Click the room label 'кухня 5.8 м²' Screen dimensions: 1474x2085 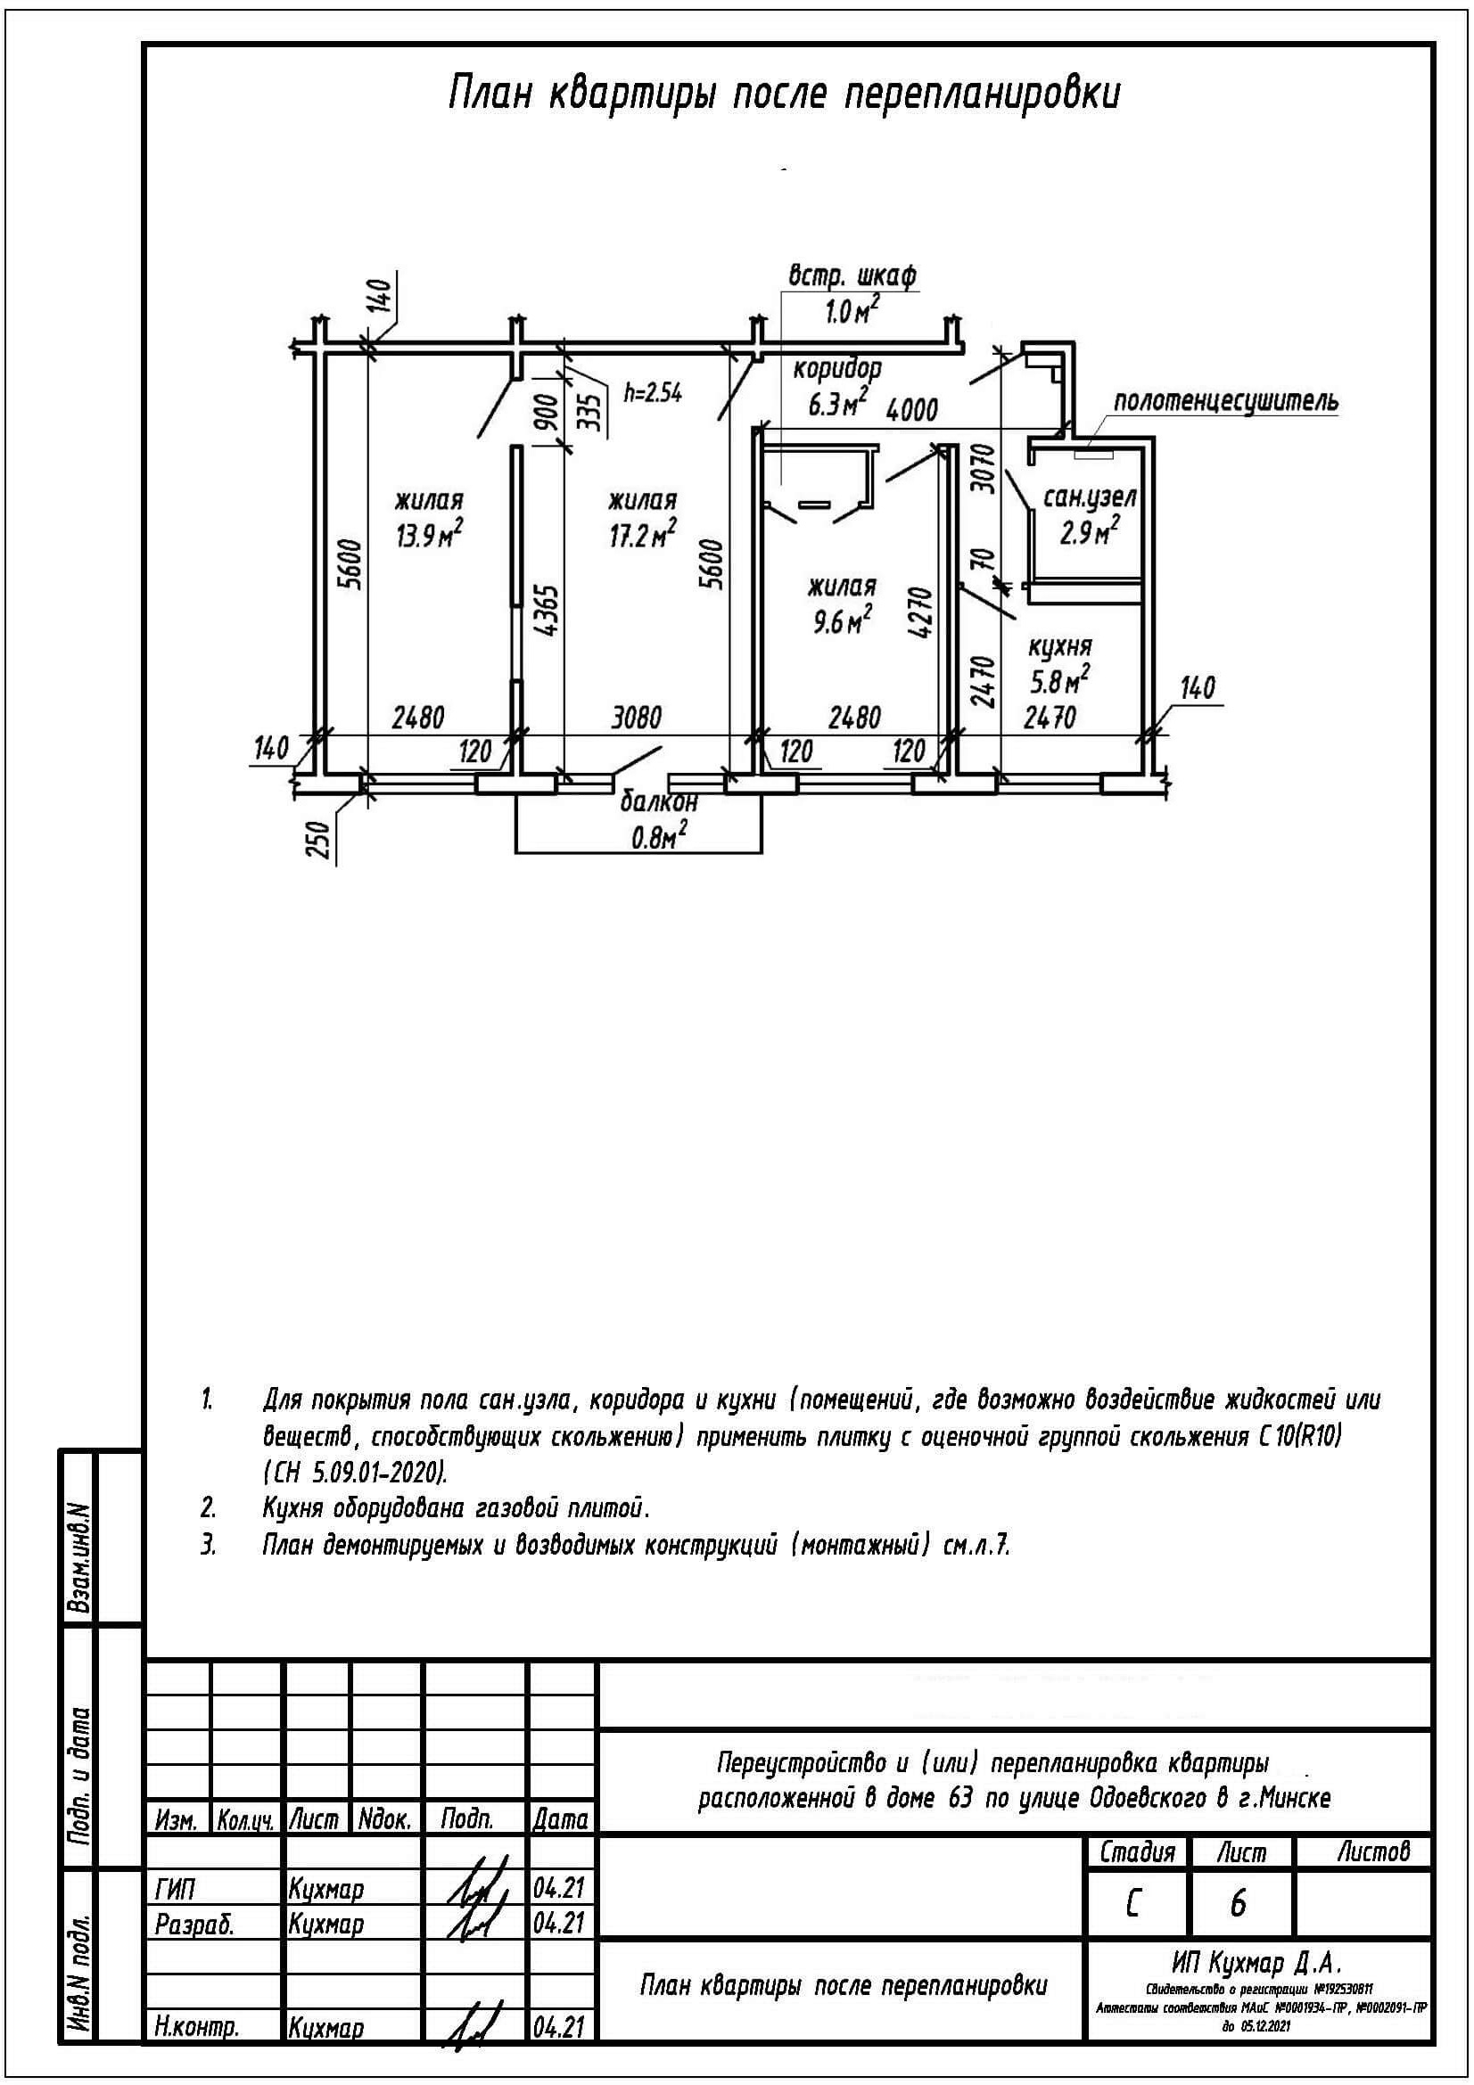(1059, 663)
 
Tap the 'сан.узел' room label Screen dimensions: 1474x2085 (1091, 497)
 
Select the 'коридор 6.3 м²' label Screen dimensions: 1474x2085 (837, 385)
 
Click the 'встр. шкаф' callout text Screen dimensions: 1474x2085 (852, 275)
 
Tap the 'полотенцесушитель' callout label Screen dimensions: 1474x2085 (1225, 400)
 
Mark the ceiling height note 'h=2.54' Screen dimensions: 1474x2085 (653, 393)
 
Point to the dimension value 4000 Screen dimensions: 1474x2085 (911, 410)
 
